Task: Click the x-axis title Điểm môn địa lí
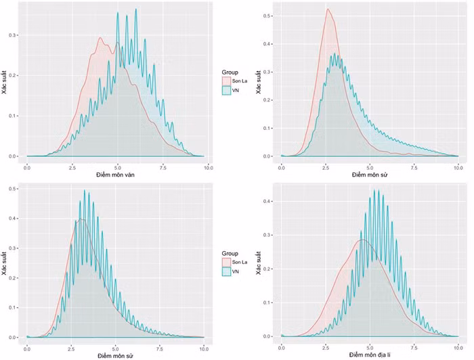click(x=370, y=354)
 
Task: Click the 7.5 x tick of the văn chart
click(x=162, y=166)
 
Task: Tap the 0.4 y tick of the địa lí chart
click(x=269, y=202)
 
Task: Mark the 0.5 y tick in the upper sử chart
click(x=269, y=14)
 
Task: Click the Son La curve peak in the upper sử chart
click(x=327, y=9)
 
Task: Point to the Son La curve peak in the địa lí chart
click(x=362, y=240)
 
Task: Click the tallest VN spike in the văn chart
click(x=136, y=9)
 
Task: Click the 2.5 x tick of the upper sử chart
click(x=326, y=166)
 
